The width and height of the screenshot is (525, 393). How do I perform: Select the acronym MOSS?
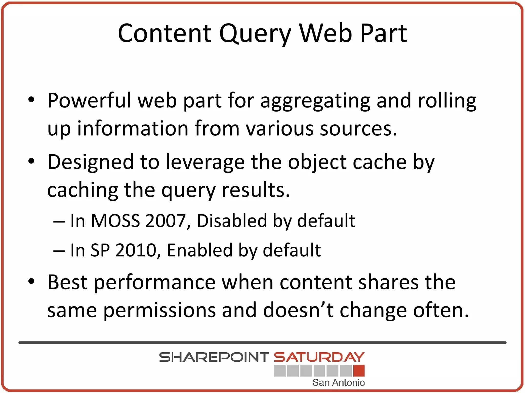click(115, 221)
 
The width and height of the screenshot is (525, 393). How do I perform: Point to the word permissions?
click(159, 310)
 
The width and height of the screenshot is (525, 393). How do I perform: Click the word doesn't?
click(298, 310)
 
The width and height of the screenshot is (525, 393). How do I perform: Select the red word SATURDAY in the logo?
click(319, 357)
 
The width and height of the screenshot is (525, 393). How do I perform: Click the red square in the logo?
click(359, 370)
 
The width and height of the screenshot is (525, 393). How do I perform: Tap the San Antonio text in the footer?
click(338, 383)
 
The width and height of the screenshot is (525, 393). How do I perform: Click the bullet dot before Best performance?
click(31, 282)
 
